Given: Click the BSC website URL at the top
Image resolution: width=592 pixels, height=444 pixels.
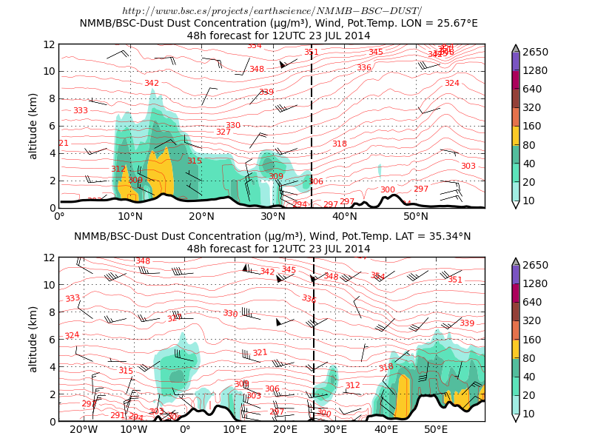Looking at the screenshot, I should (x=272, y=10).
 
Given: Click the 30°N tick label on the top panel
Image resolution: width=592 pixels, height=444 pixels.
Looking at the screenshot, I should (x=273, y=217).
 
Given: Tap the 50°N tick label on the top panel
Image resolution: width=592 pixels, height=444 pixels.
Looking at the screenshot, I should (x=416, y=217).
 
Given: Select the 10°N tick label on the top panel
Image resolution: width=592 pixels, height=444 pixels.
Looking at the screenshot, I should (x=130, y=217).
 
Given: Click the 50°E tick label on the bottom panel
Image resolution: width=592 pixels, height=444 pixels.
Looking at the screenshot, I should (x=436, y=430).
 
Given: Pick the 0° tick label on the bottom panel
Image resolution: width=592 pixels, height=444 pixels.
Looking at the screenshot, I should (x=185, y=430).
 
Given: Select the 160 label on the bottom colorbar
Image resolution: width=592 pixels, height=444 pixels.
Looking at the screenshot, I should (x=534, y=340).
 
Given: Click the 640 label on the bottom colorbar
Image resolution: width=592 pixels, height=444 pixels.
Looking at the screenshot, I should (x=534, y=302).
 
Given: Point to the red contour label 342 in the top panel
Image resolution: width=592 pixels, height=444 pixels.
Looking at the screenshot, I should (x=152, y=84).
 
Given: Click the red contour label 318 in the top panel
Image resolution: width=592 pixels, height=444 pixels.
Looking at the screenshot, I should (x=339, y=144).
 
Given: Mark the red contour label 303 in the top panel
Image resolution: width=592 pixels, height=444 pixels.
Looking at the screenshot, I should (x=468, y=166).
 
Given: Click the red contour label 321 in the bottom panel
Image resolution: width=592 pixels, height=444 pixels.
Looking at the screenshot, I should (x=260, y=353).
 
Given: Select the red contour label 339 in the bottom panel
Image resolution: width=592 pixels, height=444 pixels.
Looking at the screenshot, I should (x=467, y=323).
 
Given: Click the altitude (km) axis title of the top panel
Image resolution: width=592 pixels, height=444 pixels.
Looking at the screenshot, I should (x=33, y=126).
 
